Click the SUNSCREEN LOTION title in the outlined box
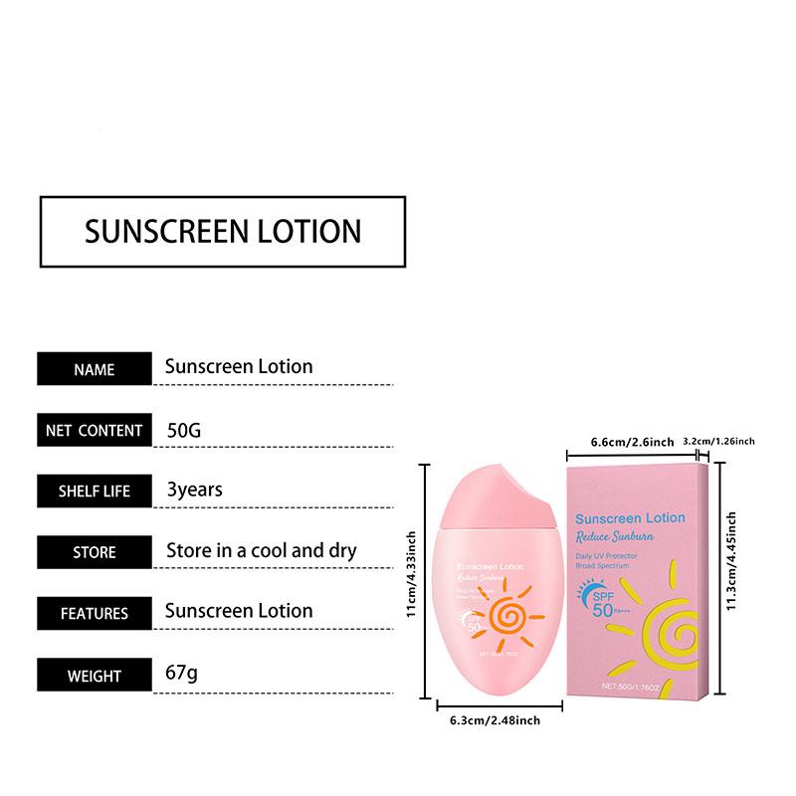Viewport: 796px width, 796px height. pyautogui.click(x=223, y=231)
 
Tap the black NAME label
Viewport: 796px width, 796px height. pyautogui.click(x=95, y=369)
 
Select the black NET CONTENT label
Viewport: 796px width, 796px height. pyautogui.click(x=95, y=431)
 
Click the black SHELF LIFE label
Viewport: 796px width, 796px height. pyautogui.click(x=95, y=492)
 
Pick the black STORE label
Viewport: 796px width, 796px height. pyautogui.click(x=95, y=552)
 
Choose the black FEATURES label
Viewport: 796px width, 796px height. pyautogui.click(x=95, y=614)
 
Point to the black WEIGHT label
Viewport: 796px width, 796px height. pyautogui.click(x=95, y=676)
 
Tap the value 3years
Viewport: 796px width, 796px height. pyautogui.click(x=195, y=490)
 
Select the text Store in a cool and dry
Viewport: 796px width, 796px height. pyautogui.click(x=261, y=550)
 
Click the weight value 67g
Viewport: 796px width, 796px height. pyautogui.click(x=181, y=674)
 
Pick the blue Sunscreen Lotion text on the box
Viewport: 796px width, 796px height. pyautogui.click(x=631, y=517)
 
